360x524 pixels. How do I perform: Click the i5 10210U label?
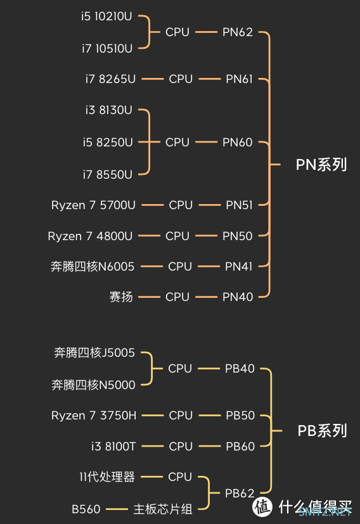click(x=106, y=16)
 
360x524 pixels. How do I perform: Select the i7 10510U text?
click(x=107, y=49)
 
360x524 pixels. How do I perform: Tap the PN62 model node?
click(x=238, y=32)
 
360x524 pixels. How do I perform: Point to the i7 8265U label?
click(x=110, y=79)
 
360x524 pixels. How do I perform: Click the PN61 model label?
click(x=240, y=79)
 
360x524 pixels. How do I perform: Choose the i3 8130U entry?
click(x=108, y=110)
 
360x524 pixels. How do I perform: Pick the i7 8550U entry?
click(x=108, y=174)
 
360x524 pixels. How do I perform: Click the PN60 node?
click(x=238, y=143)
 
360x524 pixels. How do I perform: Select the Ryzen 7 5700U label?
click(x=93, y=205)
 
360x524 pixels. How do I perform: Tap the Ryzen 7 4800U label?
click(x=90, y=236)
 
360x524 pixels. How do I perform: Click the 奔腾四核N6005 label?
click(x=93, y=267)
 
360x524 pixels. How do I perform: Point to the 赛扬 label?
click(x=121, y=297)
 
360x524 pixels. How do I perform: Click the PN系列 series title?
click(x=321, y=165)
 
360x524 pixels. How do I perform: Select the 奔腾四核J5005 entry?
click(x=94, y=352)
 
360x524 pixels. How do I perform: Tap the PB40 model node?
click(x=240, y=369)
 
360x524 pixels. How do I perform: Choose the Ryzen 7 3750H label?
click(x=94, y=416)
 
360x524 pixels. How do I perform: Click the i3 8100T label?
click(x=113, y=447)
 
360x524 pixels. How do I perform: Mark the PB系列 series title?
click(x=322, y=431)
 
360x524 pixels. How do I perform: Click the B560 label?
click(x=86, y=509)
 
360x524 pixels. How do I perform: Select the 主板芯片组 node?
click(x=163, y=509)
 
